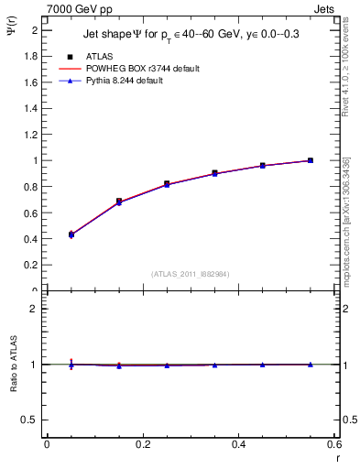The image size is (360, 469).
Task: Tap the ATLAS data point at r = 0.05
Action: pos(71,234)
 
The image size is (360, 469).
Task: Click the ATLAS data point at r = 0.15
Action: pos(119,201)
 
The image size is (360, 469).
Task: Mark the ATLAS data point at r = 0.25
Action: pos(167,184)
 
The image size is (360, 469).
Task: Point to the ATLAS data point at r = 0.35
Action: pos(214,172)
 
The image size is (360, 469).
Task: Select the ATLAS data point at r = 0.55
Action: pos(311,160)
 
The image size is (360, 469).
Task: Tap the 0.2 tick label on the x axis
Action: pos(142,444)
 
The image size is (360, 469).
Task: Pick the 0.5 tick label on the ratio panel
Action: pos(28,420)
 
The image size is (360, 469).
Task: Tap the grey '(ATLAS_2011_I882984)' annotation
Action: pos(191,274)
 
